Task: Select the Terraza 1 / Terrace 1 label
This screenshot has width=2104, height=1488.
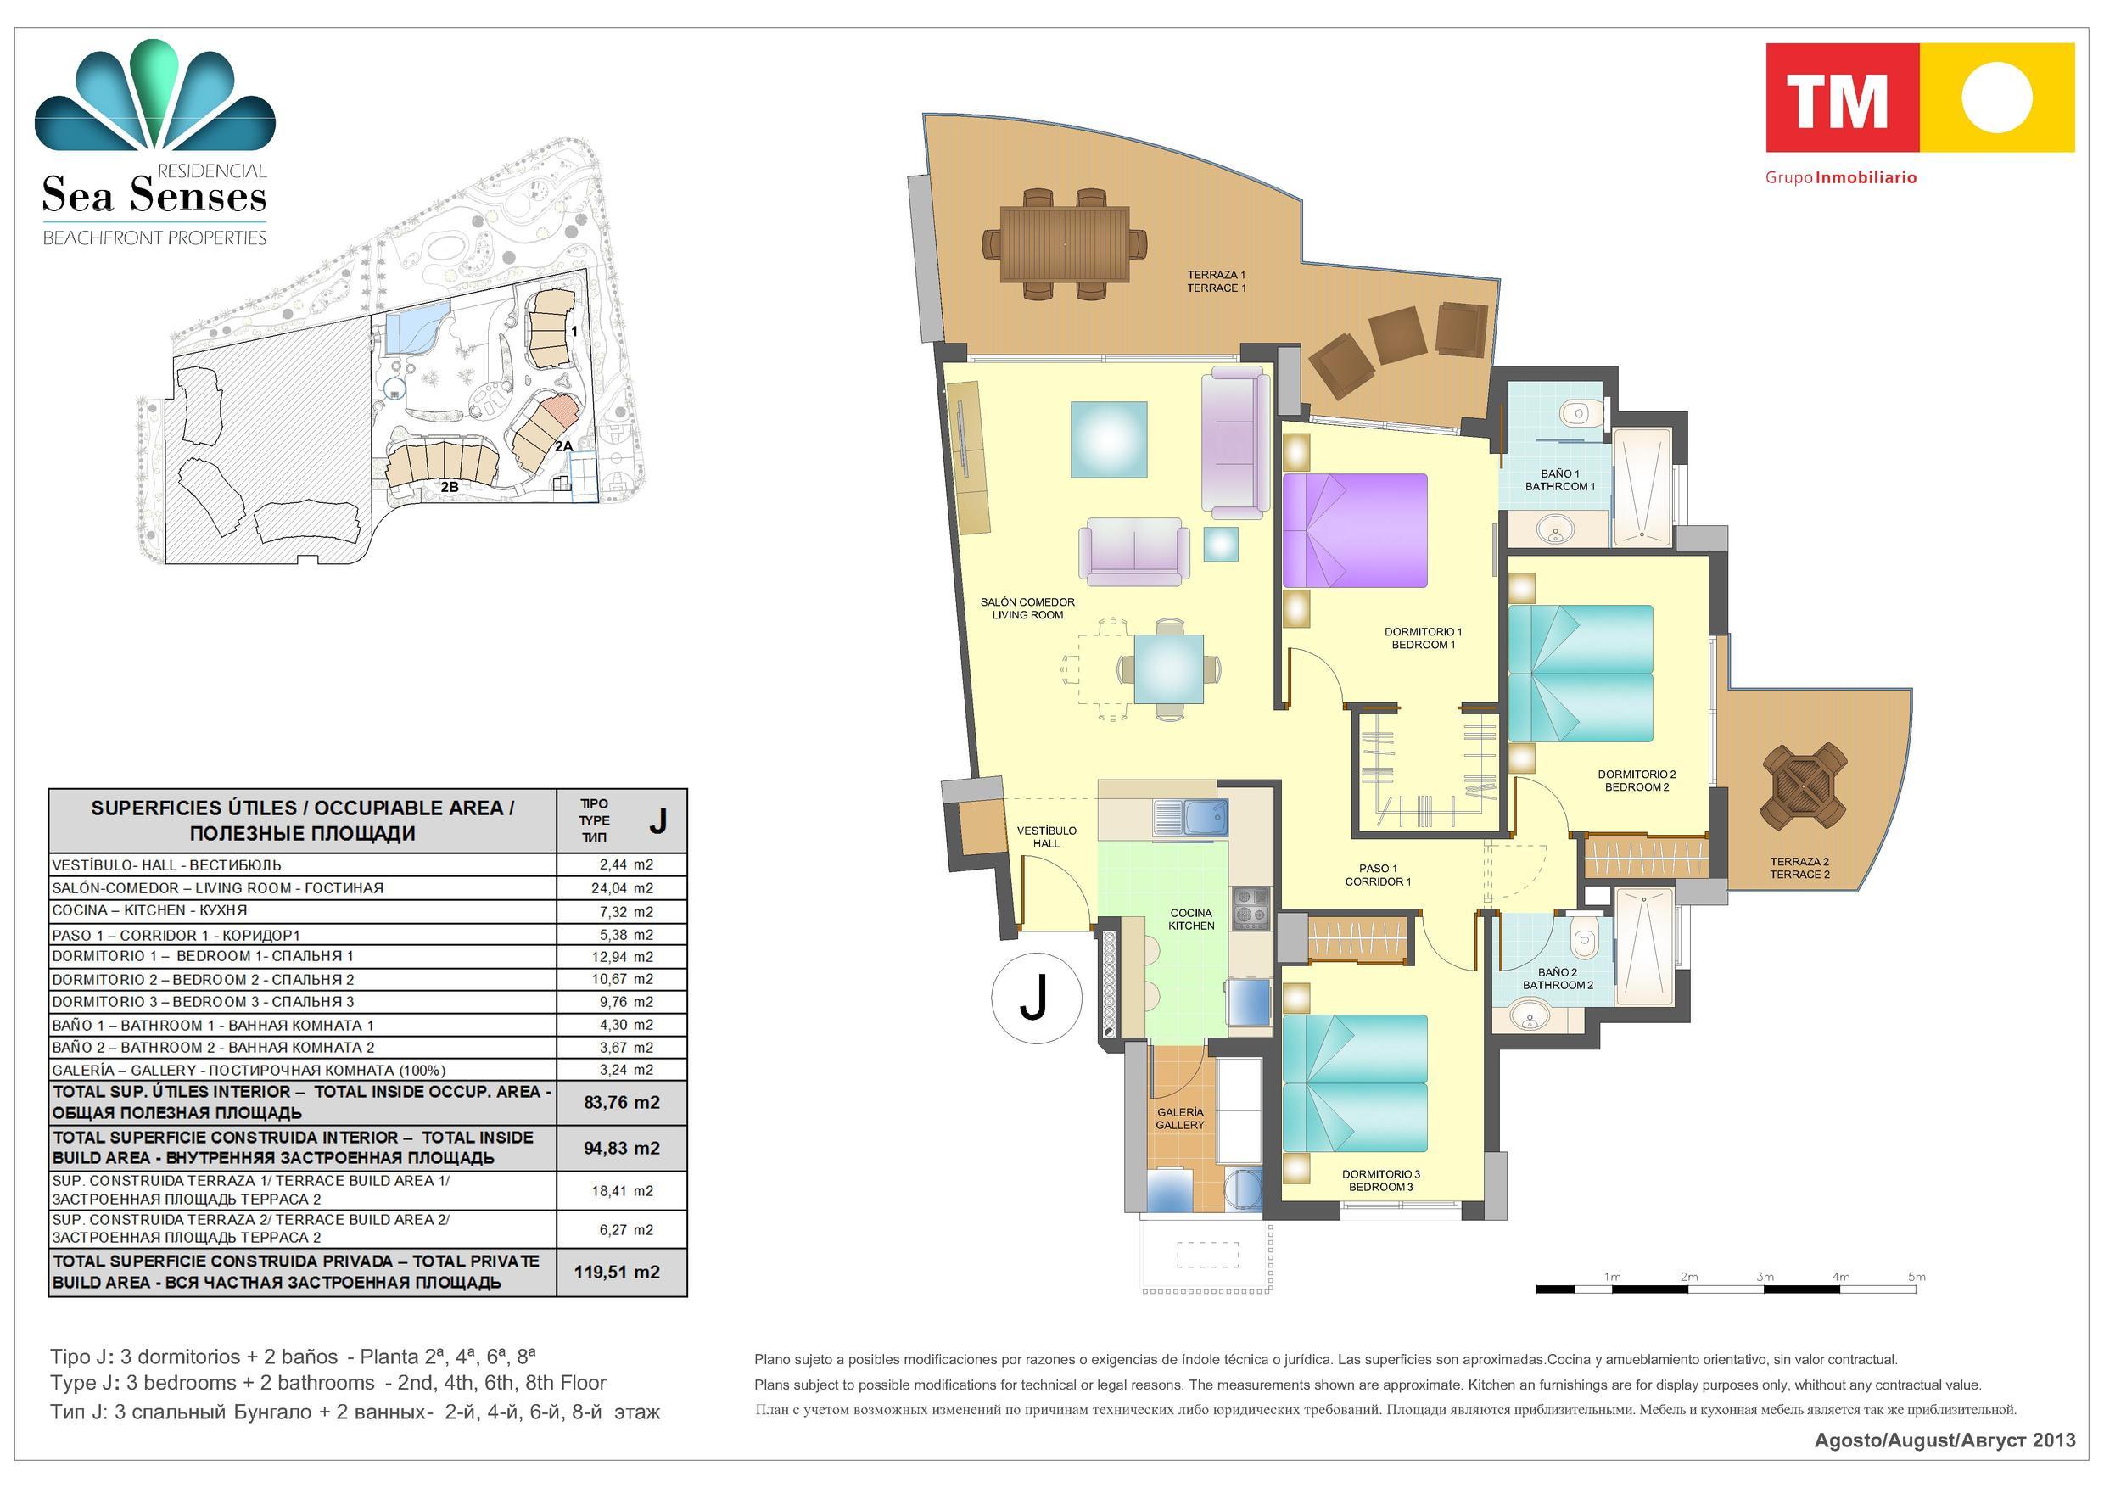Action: (1216, 282)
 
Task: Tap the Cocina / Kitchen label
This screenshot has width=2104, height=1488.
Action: (1191, 919)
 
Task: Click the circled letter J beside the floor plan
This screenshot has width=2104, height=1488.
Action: (1036, 999)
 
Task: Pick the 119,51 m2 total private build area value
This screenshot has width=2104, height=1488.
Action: (617, 1272)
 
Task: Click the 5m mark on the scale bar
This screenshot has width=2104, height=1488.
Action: (1917, 1277)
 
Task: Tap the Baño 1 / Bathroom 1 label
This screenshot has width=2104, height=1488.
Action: (1559, 480)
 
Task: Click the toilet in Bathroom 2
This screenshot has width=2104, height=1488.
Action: (1583, 937)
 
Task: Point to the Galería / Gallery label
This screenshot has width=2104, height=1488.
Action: (1179, 1119)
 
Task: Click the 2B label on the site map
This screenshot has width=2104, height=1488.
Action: (449, 488)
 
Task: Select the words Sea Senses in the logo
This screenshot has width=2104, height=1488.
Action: (154, 195)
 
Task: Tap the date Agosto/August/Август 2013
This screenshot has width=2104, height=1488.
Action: (1945, 1440)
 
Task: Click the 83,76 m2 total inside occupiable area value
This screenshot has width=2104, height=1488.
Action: (621, 1102)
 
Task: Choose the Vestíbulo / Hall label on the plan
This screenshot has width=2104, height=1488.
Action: (1047, 836)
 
